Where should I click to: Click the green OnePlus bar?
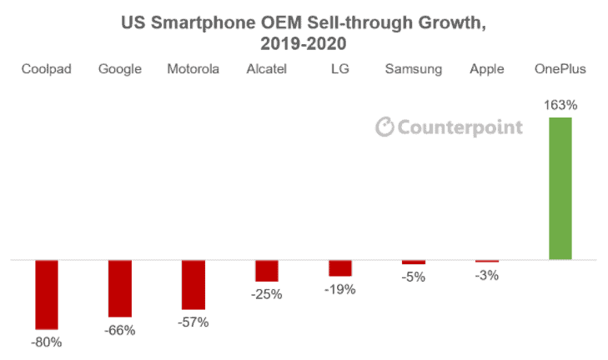pos(560,189)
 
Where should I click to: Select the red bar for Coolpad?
pos(47,294)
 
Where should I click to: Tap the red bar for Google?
pos(120,288)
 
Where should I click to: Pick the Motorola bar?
pos(193,284)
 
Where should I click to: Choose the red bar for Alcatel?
pos(267,271)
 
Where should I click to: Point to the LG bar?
pos(340,268)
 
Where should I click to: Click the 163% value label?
pos(560,106)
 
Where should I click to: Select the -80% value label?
pos(47,342)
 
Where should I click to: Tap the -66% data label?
pos(120,330)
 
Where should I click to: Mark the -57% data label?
pos(193,322)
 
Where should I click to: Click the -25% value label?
pos(267,294)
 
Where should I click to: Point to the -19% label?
pos(340,289)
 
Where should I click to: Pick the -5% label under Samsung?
pos(413,277)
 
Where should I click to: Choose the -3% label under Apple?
pos(486,275)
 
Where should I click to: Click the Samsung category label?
pos(413,69)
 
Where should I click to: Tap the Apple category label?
pos(486,69)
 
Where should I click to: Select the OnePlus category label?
pos(560,69)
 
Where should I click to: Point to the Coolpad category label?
pos(47,69)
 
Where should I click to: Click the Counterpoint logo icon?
pos(384,127)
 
